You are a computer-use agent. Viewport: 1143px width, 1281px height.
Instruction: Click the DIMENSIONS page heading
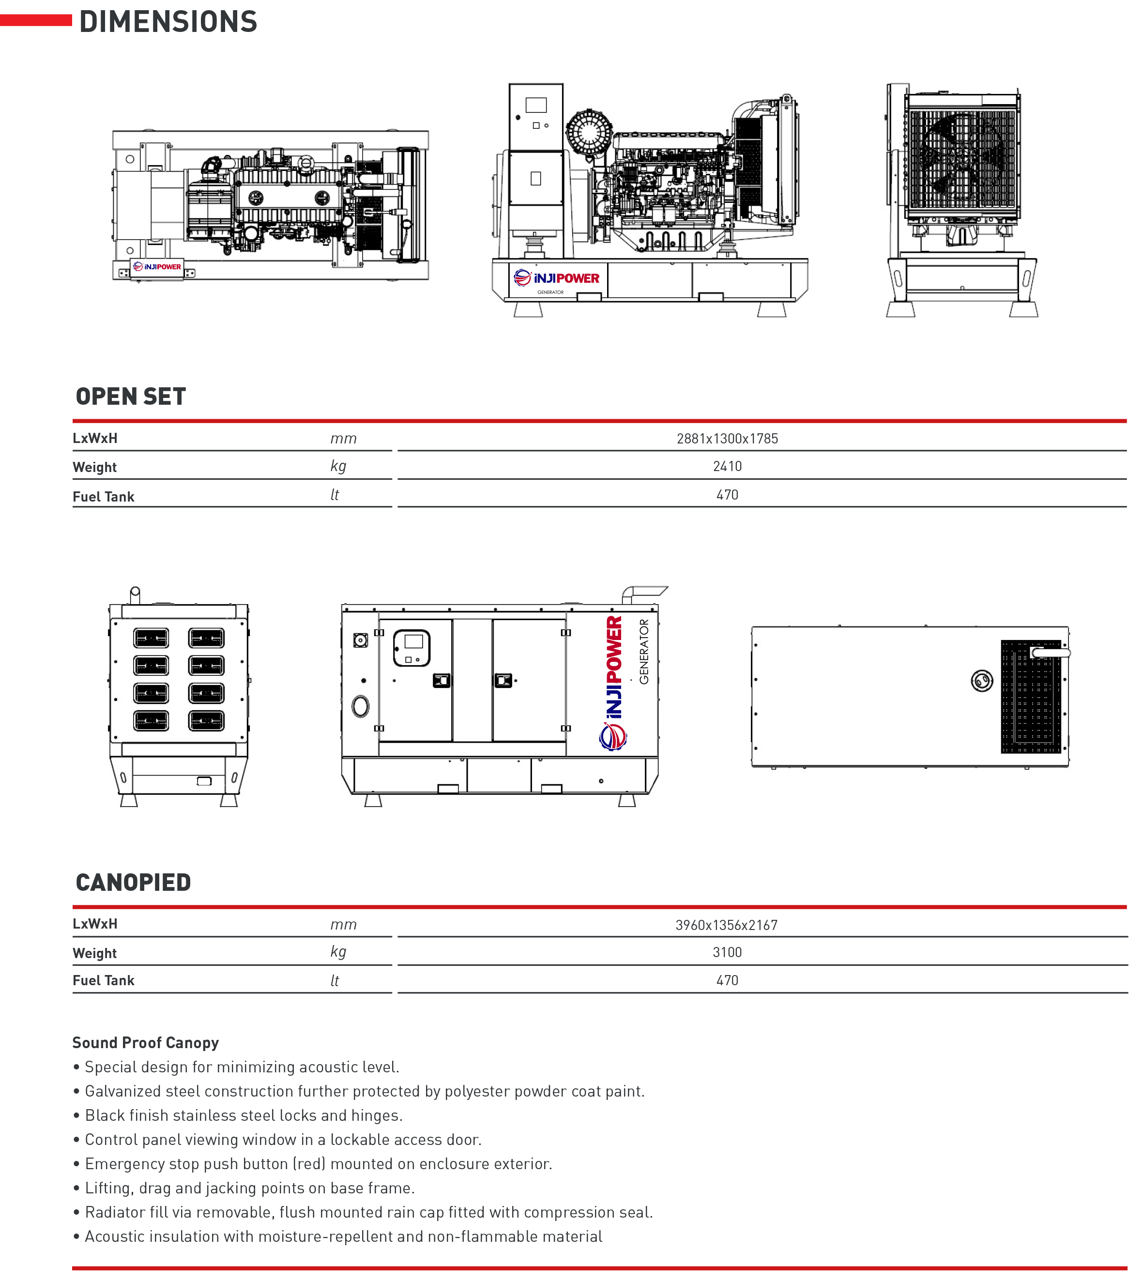click(x=168, y=21)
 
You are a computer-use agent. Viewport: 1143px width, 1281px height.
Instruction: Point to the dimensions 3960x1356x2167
click(x=727, y=925)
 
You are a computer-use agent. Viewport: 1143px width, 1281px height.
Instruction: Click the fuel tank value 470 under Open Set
click(x=727, y=495)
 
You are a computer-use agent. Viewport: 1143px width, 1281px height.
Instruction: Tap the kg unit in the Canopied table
click(x=338, y=952)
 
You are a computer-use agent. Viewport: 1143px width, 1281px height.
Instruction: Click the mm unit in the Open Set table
click(x=344, y=439)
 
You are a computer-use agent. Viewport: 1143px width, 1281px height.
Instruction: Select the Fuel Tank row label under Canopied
click(x=104, y=980)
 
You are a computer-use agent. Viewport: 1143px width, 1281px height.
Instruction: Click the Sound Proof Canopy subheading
click(x=146, y=1042)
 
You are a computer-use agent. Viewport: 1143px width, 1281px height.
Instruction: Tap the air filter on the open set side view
click(x=589, y=133)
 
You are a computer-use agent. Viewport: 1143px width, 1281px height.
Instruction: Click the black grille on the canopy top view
click(x=1031, y=696)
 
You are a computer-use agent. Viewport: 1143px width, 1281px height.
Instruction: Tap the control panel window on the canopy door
click(x=412, y=648)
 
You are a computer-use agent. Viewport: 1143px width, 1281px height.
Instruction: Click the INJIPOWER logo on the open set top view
click(x=157, y=267)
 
